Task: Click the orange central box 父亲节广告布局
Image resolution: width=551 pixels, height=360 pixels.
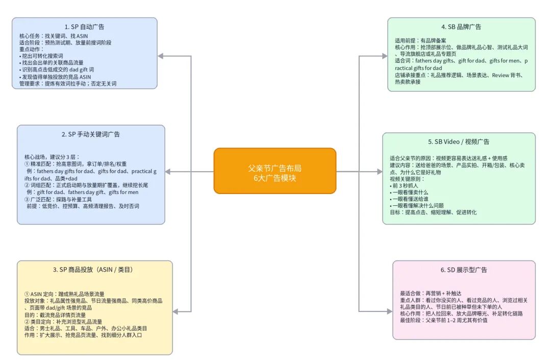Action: (274, 171)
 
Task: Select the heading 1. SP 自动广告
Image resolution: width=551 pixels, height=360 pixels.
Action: (84, 27)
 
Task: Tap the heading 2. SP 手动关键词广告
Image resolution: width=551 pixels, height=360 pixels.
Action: (91, 134)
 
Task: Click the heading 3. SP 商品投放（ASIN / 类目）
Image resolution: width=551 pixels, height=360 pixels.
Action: (95, 270)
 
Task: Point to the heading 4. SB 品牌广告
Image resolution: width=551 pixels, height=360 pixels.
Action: (461, 27)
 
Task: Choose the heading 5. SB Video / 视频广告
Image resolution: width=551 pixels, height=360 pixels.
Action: (459, 141)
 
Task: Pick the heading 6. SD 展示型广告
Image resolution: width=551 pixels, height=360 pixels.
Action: (464, 270)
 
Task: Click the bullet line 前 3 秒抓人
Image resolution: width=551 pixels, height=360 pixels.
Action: (405, 186)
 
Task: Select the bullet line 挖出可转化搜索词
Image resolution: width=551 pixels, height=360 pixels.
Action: (41, 56)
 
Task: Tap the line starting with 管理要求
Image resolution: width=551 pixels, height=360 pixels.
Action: (68, 83)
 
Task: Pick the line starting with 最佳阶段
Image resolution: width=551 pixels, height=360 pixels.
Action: (443, 320)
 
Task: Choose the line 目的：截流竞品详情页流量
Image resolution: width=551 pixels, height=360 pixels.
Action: (55, 315)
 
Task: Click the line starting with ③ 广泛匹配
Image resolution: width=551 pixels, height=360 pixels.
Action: (64, 199)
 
